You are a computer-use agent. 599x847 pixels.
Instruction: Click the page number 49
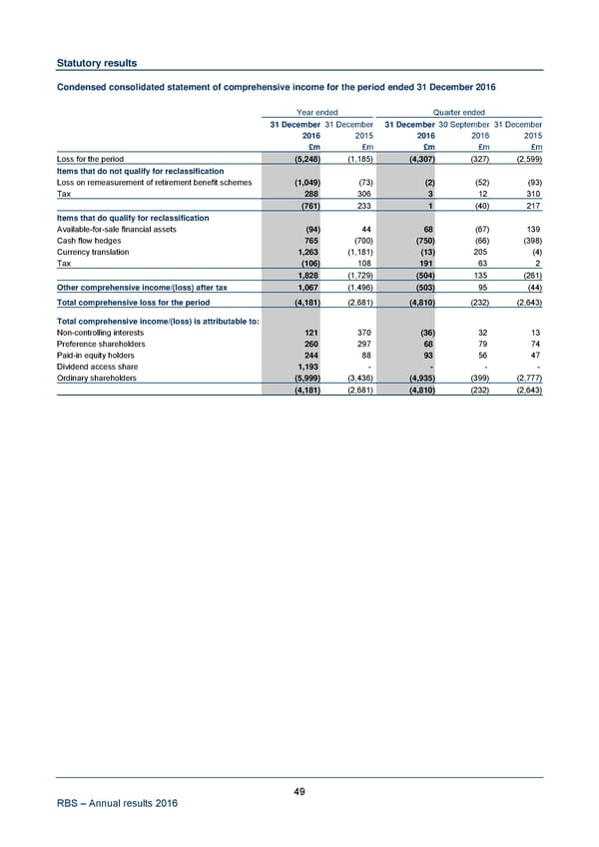tap(299, 792)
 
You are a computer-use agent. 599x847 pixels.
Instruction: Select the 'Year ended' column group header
tap(318, 112)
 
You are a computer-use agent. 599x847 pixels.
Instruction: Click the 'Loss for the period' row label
tap(90, 160)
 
